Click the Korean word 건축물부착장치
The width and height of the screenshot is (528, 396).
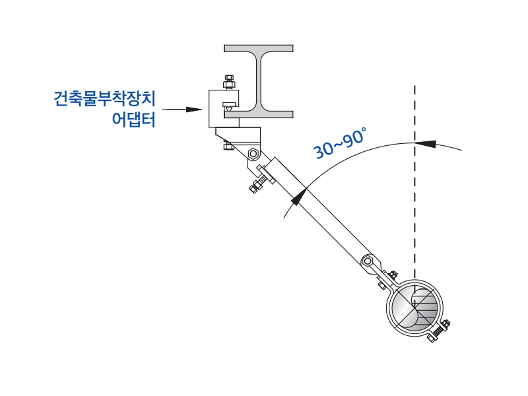(x=104, y=99)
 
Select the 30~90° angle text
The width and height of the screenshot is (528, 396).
(x=339, y=144)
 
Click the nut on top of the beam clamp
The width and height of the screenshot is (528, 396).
(x=228, y=82)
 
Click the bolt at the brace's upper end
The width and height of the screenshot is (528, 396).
(x=257, y=183)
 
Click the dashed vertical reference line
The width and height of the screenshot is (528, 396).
(x=414, y=198)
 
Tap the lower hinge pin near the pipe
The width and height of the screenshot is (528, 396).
(x=369, y=262)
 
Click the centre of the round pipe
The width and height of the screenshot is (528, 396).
(x=416, y=307)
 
